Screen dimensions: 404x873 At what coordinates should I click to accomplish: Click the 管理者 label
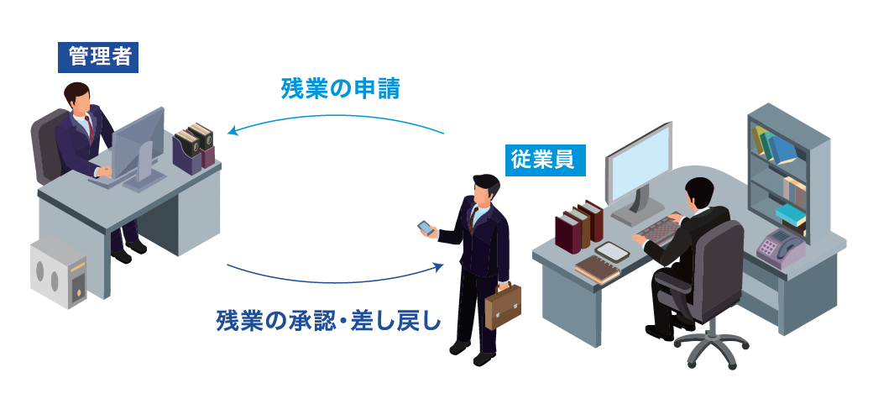point(98,57)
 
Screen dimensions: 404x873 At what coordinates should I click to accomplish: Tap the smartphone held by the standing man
point(426,228)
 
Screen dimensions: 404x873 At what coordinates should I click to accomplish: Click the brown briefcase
point(503,306)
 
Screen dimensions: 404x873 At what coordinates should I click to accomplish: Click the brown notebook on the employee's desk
point(597,270)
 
